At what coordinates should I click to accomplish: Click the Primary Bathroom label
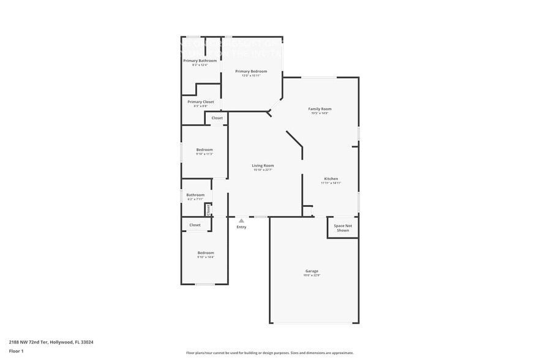pos(200,61)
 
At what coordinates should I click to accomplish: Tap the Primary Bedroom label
pos(251,72)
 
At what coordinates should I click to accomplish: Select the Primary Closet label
pos(201,102)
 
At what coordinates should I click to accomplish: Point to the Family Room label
pos(320,109)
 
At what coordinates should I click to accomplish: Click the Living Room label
pos(263,165)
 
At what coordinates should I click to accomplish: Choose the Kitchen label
pos(331,179)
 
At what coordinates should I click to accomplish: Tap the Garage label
pos(312,271)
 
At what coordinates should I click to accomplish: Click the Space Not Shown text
pos(343,228)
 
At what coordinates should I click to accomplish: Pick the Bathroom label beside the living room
pos(195,195)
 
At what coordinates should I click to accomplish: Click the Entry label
pos(241,227)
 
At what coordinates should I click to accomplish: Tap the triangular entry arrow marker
pos(241,220)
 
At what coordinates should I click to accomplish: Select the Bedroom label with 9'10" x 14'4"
pos(206,253)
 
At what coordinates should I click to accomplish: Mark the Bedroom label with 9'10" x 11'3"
pos(204,149)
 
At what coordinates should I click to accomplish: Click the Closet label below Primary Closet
pos(217,118)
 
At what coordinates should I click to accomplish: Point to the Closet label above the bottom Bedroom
pos(195,225)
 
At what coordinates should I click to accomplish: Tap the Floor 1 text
pos(16,351)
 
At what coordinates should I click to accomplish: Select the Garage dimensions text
pos(312,276)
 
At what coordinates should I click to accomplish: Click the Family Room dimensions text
pos(320,113)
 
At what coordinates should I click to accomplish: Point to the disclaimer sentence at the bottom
pos(269,353)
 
